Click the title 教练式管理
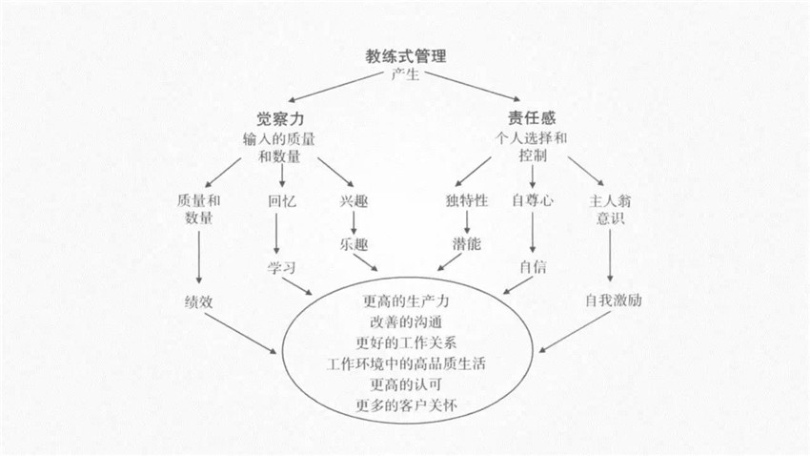(406, 56)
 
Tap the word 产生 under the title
(405, 74)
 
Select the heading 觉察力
(280, 119)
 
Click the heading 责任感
(532, 118)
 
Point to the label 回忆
(282, 200)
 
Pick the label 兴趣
(354, 200)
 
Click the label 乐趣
(354, 244)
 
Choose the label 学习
(281, 268)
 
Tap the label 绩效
(198, 301)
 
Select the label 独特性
(467, 200)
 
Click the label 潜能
(467, 243)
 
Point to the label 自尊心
(533, 200)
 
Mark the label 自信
(533, 267)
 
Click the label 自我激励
(613, 301)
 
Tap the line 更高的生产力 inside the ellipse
(406, 301)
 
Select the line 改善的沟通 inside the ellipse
(406, 322)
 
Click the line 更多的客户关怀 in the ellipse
(406, 405)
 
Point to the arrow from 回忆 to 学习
(277, 234)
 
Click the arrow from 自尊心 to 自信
(533, 232)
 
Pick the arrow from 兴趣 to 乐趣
(354, 223)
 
